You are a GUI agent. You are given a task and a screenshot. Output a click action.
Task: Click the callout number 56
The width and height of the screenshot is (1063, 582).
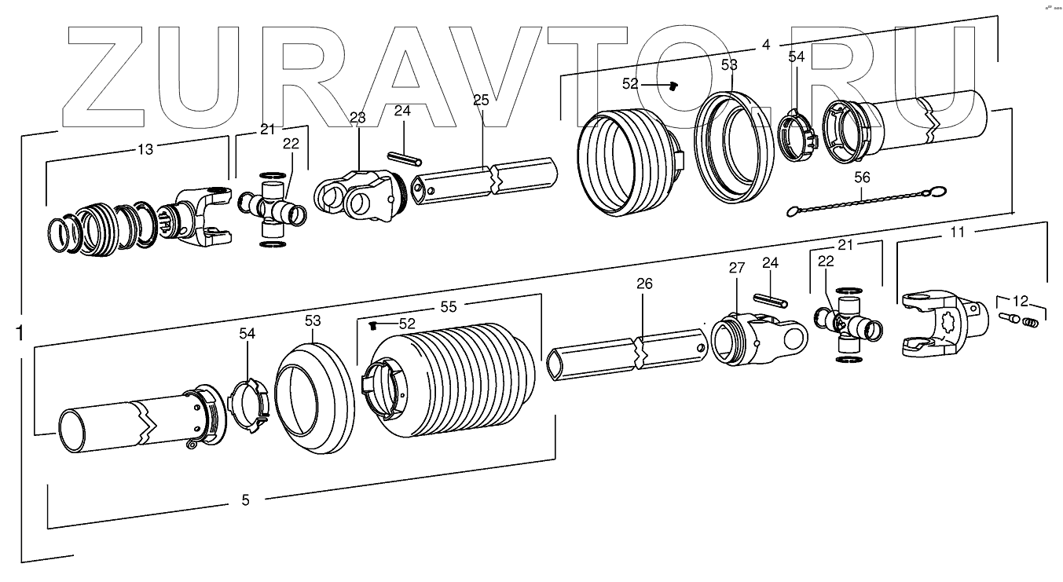[x=863, y=178]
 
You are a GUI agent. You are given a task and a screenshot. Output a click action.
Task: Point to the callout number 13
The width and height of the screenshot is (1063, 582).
[x=145, y=149]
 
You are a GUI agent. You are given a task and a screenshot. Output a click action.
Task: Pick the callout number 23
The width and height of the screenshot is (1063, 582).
[x=357, y=118]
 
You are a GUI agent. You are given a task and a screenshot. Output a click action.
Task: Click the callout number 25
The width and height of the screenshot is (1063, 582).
[x=481, y=100]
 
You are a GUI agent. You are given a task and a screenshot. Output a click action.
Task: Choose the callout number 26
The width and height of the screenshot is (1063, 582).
[x=644, y=284]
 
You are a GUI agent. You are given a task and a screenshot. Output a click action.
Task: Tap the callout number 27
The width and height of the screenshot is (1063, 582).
[x=736, y=268]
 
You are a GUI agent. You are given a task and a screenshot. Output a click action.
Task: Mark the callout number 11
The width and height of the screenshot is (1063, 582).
[x=957, y=232]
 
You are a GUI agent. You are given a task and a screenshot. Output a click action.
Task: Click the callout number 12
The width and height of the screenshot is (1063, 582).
[x=1020, y=300]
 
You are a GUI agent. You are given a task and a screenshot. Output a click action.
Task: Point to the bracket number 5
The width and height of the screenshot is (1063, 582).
[x=245, y=500]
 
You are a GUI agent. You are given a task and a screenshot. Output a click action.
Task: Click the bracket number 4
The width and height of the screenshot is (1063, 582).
[x=766, y=45]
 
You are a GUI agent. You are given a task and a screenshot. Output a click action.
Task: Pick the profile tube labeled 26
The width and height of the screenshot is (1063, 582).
[x=629, y=357]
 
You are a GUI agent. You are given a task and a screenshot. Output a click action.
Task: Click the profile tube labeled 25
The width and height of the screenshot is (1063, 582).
[x=487, y=179]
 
